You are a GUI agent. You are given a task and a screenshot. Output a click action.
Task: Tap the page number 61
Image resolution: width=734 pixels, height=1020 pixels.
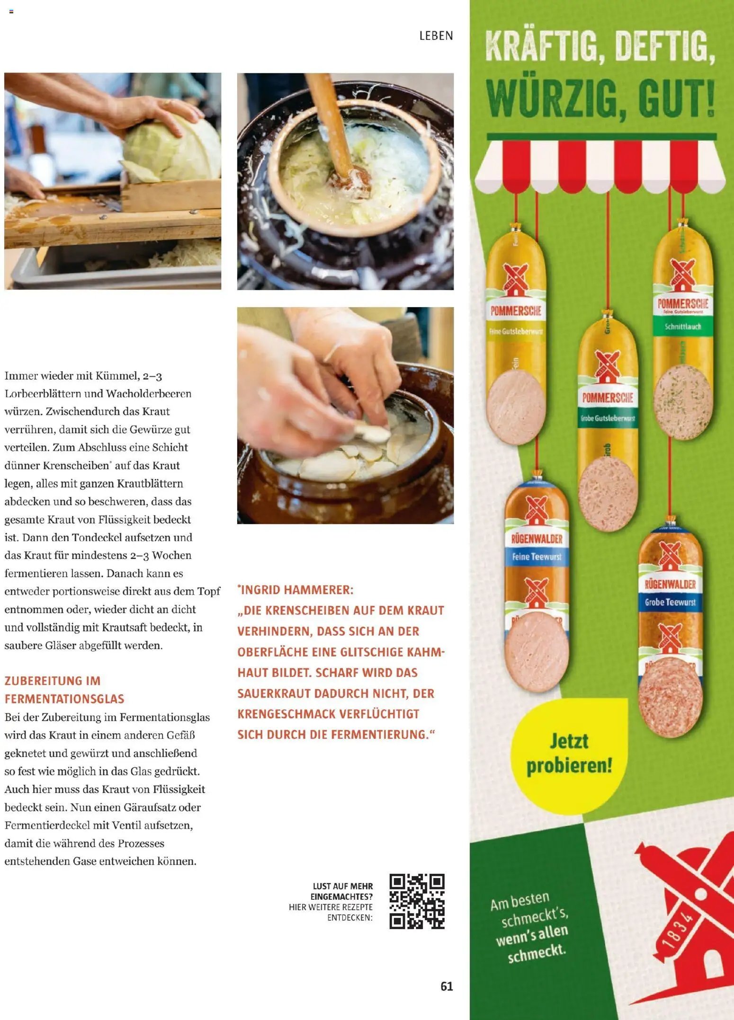[447, 986]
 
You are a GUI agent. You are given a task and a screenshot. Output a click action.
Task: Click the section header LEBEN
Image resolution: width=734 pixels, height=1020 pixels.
[436, 36]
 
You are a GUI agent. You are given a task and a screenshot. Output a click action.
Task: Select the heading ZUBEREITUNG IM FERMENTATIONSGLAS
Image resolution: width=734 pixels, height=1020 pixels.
[64, 690]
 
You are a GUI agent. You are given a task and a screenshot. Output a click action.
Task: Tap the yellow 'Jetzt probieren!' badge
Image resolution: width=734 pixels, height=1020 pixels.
[569, 753]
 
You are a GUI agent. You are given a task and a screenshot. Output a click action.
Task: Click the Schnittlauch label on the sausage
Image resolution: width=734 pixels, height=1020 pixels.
[682, 327]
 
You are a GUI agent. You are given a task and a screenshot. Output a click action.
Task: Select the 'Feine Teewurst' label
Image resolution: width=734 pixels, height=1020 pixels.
[537, 557]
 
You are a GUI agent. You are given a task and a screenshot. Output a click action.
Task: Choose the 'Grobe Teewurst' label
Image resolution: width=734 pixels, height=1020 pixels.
[670, 602]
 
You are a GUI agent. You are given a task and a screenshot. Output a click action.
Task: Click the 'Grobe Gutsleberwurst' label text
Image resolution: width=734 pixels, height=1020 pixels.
[608, 418]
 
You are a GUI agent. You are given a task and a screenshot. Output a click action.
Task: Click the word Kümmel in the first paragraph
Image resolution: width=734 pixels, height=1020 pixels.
[116, 376]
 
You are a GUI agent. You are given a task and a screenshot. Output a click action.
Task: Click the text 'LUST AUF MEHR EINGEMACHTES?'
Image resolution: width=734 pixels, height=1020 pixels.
[342, 891]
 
